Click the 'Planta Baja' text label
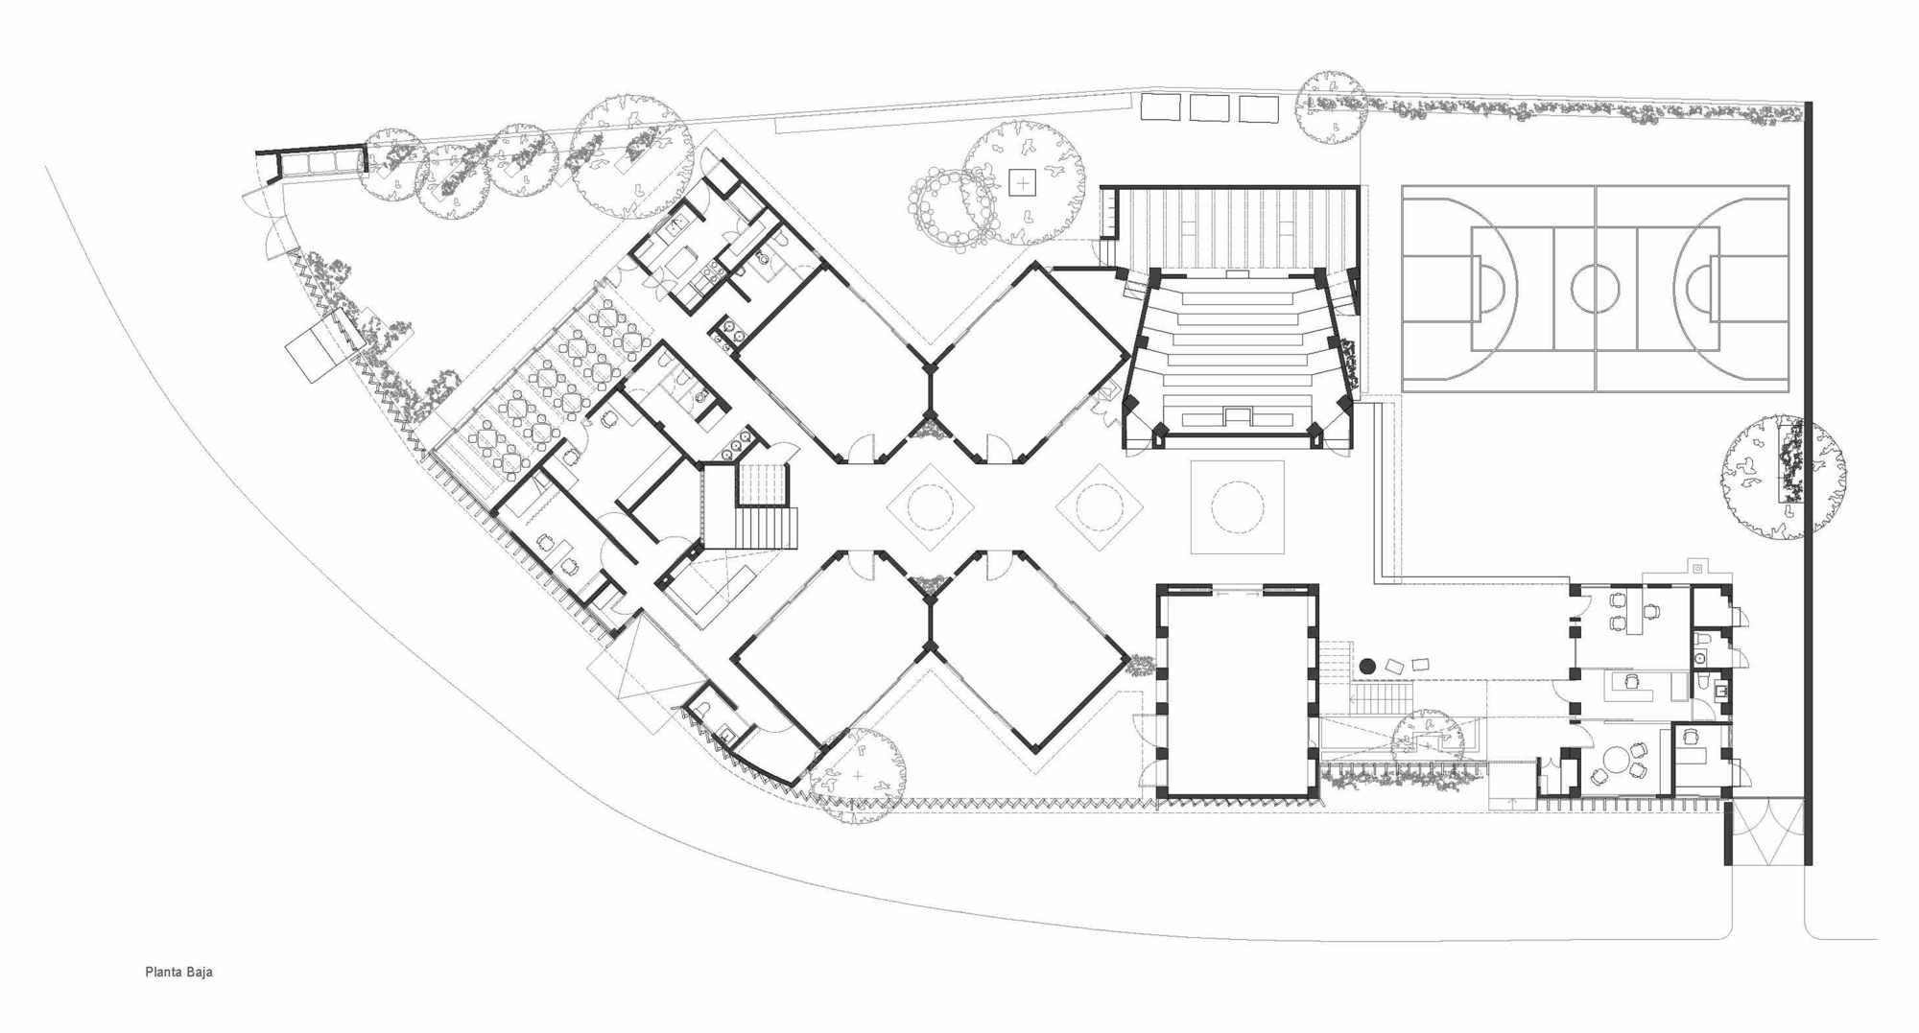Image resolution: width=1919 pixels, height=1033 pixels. click(178, 972)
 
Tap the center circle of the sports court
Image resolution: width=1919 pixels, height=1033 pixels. click(1595, 287)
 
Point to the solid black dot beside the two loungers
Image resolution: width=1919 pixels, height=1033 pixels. click(1367, 666)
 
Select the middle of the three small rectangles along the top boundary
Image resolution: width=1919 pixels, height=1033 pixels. click(1209, 107)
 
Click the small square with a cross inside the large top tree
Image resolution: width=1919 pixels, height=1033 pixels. click(1023, 182)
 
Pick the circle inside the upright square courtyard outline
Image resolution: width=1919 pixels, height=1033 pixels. click(1237, 506)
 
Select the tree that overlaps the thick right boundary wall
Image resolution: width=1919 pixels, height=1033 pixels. click(1783, 477)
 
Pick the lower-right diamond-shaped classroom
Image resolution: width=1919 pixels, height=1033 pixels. click(1029, 653)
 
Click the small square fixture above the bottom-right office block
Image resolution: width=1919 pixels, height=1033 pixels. click(1696, 569)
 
